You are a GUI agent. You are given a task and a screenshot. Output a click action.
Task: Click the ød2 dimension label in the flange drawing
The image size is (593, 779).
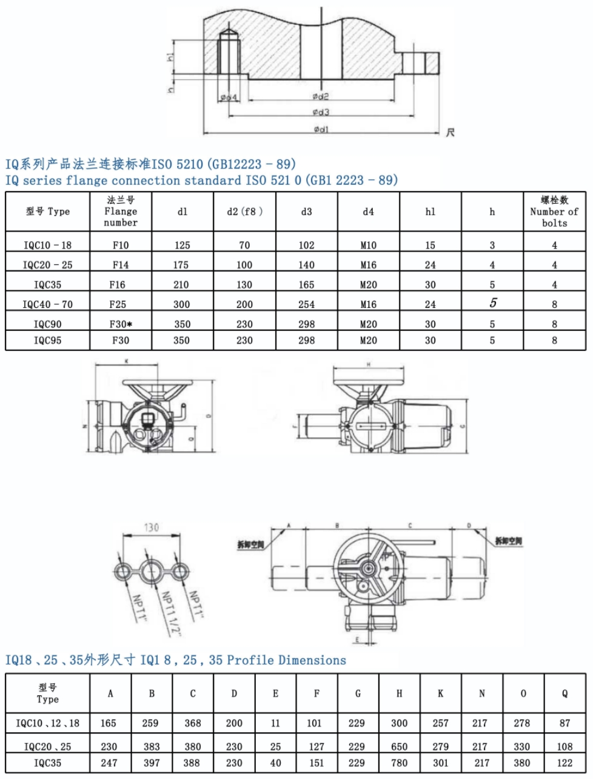(321, 96)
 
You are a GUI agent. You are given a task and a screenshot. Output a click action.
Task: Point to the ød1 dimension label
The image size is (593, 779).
(321, 129)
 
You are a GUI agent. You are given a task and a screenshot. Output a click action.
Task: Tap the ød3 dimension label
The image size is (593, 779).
(321, 112)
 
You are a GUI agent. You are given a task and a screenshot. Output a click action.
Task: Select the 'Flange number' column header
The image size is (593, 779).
(121, 211)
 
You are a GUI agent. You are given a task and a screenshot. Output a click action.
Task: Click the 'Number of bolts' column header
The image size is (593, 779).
(554, 211)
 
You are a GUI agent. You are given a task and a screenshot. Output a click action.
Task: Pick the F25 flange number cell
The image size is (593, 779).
(121, 304)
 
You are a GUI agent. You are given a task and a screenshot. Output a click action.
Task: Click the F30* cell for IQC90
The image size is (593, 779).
(121, 324)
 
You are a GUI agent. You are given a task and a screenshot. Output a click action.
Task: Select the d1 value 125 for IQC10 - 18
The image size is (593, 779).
(182, 246)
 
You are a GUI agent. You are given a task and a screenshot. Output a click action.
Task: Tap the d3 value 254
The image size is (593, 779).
(306, 304)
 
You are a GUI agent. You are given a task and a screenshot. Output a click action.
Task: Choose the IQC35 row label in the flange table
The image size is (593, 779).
(47, 285)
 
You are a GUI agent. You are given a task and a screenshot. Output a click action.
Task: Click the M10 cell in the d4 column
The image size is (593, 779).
(368, 246)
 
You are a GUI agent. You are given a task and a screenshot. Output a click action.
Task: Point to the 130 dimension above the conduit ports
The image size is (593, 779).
(151, 527)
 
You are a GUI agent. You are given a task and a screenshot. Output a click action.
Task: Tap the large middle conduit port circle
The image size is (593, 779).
(151, 570)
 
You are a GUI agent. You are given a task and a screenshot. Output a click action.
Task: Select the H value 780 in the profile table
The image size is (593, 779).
(399, 763)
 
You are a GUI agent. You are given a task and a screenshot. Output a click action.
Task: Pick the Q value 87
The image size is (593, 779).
(565, 723)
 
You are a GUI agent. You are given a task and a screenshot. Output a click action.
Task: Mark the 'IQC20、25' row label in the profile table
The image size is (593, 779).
(47, 747)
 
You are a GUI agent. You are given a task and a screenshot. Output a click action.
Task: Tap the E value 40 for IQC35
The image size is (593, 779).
(275, 763)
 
